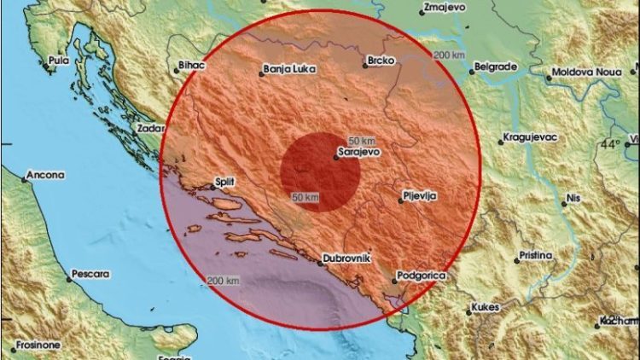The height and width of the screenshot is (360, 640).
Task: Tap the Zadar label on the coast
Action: point(148,129)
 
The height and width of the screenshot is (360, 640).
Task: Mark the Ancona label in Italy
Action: point(46,175)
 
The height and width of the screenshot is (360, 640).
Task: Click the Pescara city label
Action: point(91,274)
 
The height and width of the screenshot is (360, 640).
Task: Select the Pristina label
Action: point(533,254)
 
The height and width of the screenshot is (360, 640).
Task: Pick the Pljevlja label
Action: point(419,196)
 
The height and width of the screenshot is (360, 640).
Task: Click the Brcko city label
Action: point(377,61)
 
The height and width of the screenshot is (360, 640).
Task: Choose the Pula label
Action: point(58,61)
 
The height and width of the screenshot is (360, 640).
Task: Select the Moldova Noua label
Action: point(586,73)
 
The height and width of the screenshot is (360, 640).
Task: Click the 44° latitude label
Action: point(610,145)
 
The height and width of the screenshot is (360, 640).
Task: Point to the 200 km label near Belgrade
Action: point(449,55)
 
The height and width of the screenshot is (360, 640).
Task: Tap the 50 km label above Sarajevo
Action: point(361,139)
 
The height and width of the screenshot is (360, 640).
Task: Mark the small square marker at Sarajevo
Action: point(335,156)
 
